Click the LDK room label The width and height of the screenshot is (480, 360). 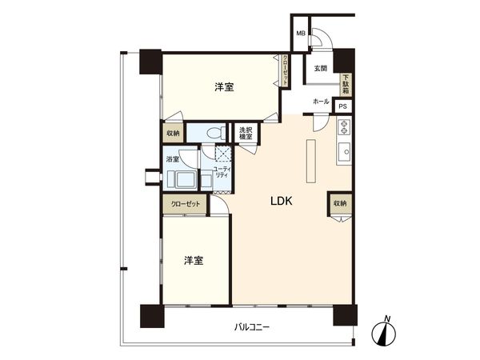tap(282, 203)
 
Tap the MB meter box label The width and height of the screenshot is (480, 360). tap(301, 34)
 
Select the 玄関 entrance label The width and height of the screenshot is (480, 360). tap(321, 69)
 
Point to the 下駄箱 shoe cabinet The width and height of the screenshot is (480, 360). tap(346, 84)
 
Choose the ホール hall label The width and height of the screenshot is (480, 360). tap(320, 102)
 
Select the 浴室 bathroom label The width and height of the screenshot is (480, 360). tap(173, 159)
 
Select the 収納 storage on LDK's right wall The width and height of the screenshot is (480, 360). tap(339, 204)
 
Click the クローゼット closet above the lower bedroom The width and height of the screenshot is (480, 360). tap(186, 204)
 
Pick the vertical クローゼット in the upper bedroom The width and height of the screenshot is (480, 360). tap(285, 70)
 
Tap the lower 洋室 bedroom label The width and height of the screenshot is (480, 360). tap(193, 261)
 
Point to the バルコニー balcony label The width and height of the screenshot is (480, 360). tap(252, 327)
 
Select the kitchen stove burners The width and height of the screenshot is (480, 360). tap(345, 126)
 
